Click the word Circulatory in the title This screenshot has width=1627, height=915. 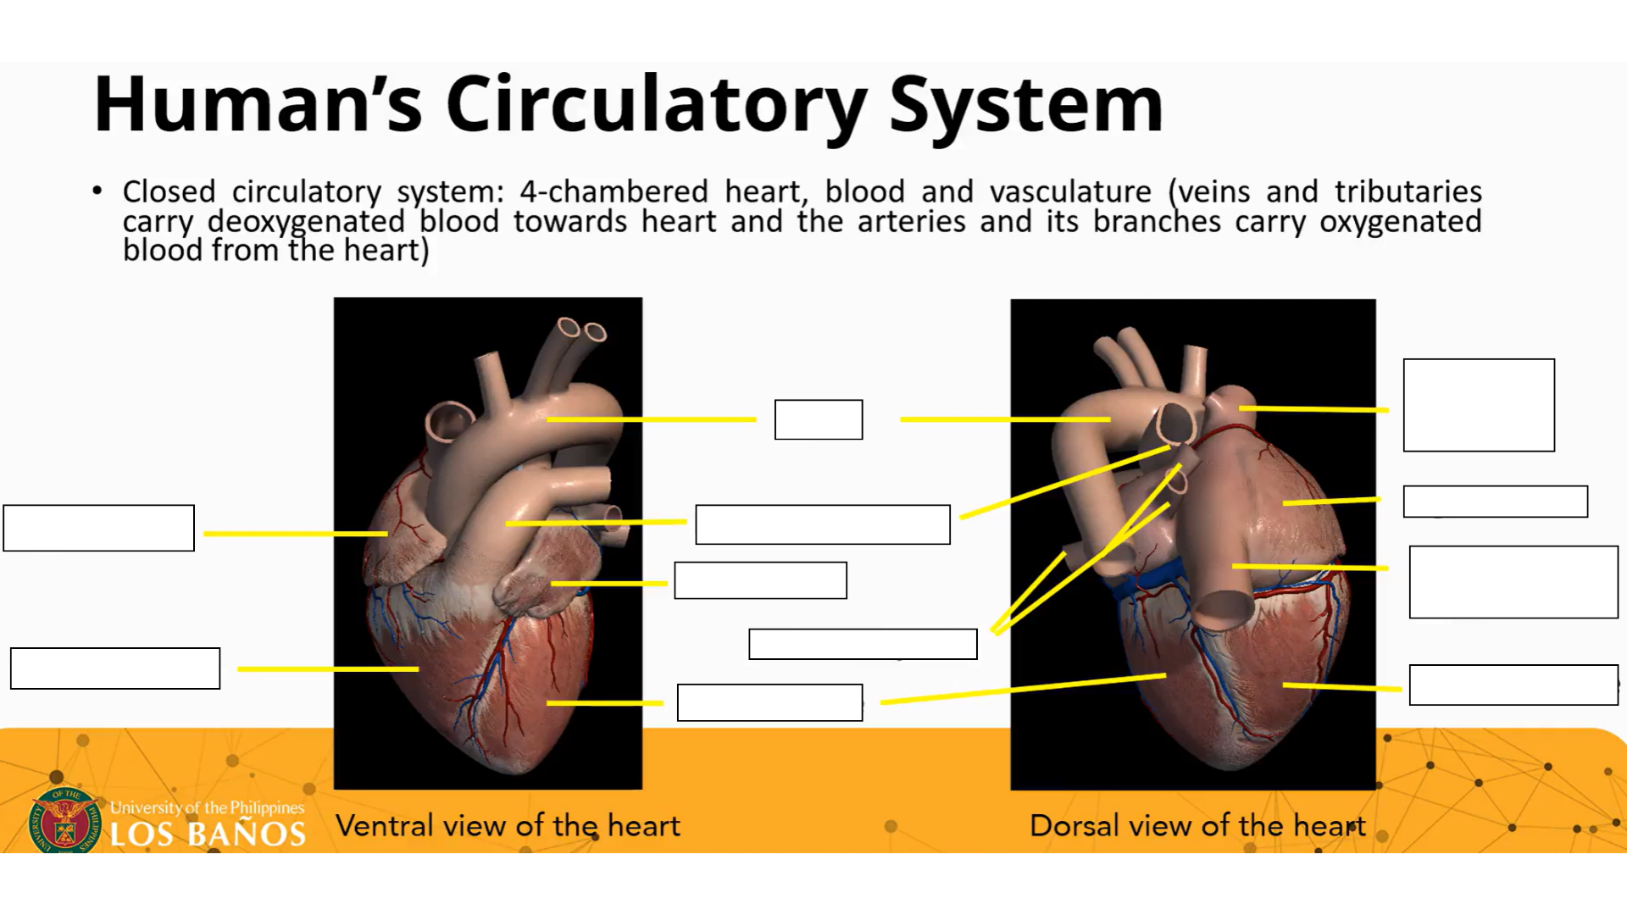tap(656, 105)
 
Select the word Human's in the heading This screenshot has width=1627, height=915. tap(258, 105)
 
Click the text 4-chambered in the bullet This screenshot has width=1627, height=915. tap(614, 191)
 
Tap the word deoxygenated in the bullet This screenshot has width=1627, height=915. tap(306, 222)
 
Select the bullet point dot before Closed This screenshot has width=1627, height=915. tap(97, 191)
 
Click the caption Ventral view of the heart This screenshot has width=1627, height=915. tap(508, 825)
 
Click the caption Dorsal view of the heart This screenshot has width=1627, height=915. tap(1197, 825)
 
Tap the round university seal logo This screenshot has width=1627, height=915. tap(64, 820)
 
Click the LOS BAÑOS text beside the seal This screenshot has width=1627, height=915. tap(208, 834)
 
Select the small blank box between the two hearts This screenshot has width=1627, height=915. tap(818, 419)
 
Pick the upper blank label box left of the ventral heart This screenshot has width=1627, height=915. tap(98, 528)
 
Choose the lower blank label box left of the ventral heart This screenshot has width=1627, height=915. tap(115, 668)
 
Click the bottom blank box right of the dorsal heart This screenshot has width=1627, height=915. tap(1513, 685)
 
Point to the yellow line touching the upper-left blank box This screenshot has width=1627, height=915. tap(295, 534)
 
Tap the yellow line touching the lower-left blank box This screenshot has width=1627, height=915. tap(327, 669)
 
